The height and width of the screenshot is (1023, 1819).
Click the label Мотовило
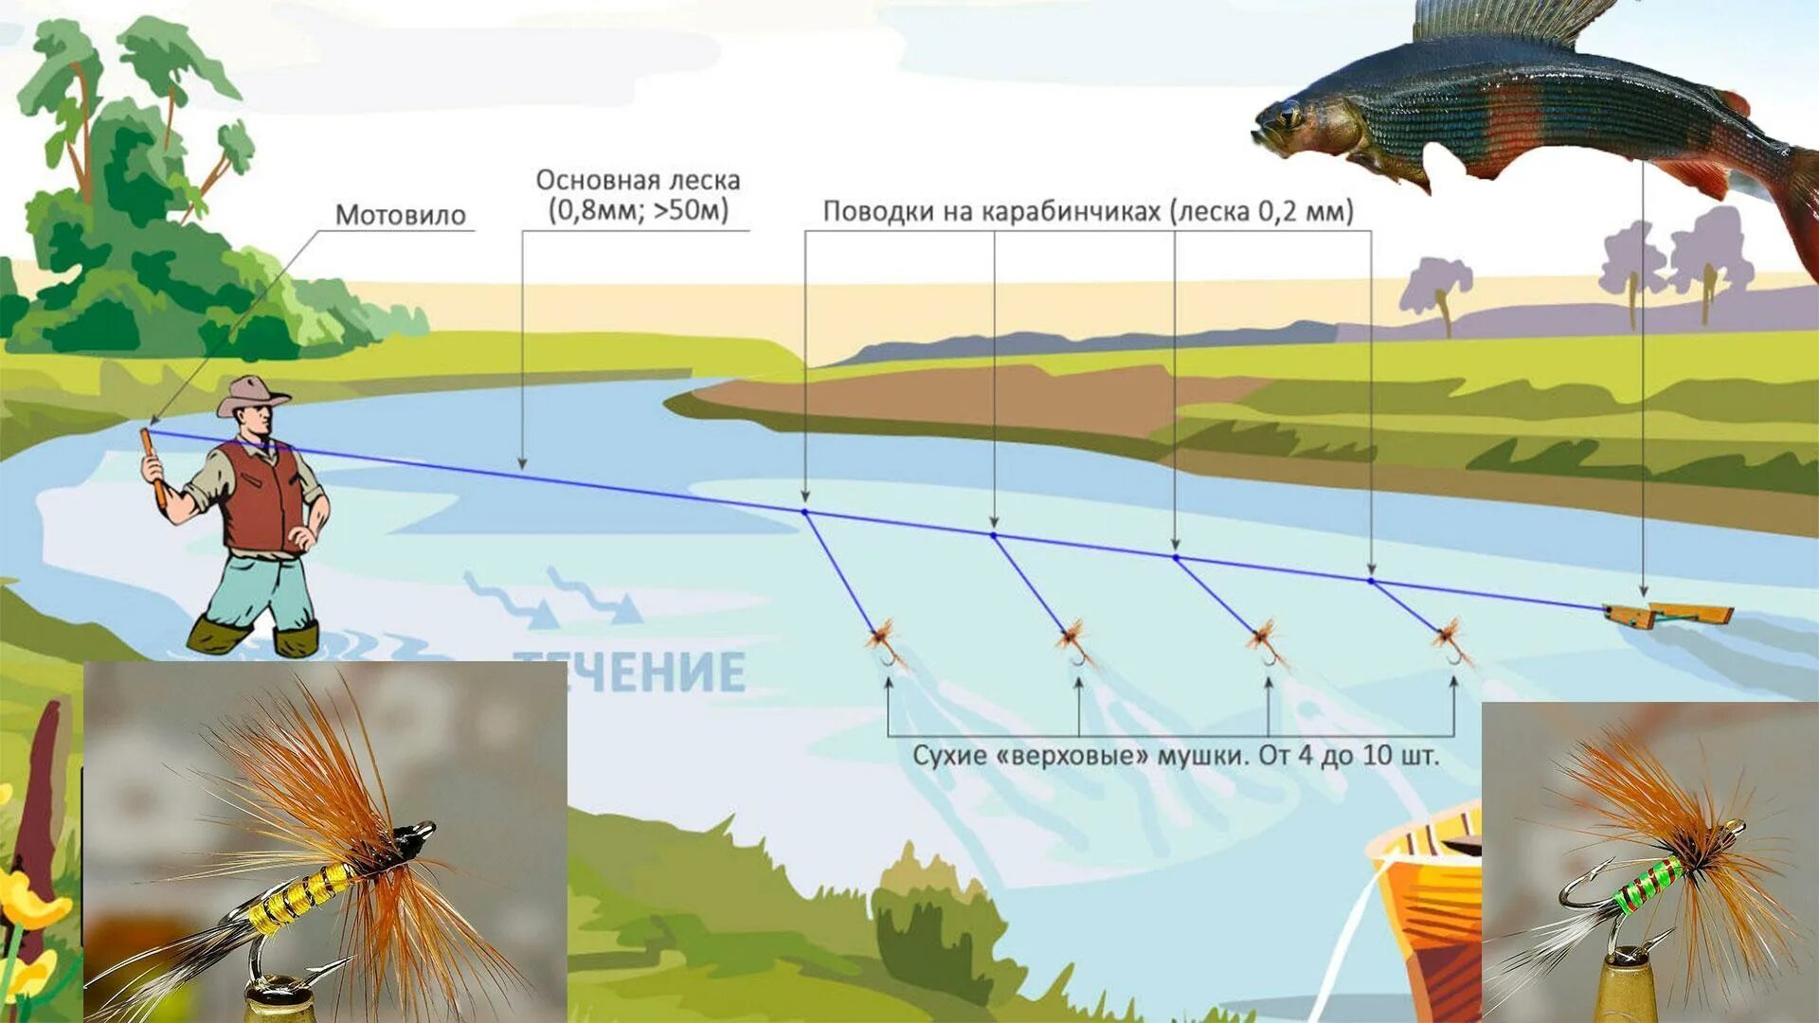click(400, 215)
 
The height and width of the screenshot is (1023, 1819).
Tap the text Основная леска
click(638, 180)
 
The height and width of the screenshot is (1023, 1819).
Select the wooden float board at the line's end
click(1668, 614)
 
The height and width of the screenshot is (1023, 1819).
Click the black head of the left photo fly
click(411, 838)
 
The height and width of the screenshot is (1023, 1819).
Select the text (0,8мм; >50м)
click(638, 210)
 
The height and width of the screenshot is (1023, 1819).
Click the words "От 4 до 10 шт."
click(1348, 756)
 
